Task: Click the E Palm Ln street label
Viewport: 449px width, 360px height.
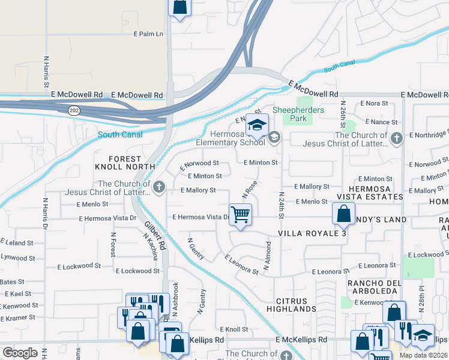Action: coord(148,34)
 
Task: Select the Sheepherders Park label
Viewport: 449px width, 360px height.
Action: coord(298,114)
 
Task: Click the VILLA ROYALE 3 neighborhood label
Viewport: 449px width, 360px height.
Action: coord(312,233)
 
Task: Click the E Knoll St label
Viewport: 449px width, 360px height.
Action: coord(234,329)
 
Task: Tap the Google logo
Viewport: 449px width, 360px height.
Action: coord(20,352)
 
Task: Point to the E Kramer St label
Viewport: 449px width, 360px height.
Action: coord(18,317)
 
